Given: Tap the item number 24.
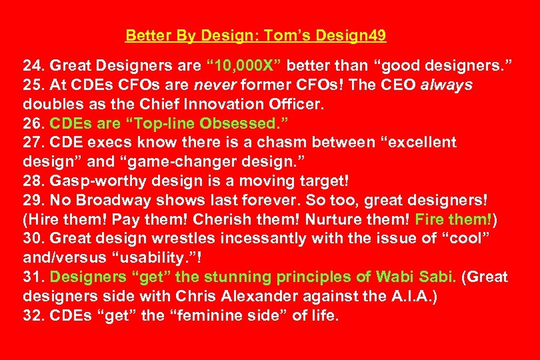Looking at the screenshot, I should (34, 66).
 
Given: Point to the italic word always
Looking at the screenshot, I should (447, 85).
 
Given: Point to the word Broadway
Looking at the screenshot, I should (111, 200).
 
